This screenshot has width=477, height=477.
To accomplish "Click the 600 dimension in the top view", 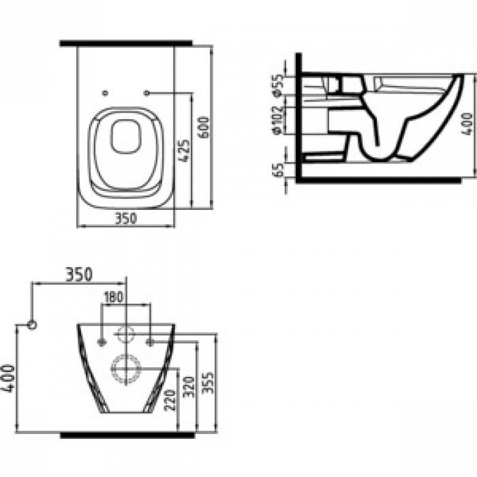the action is point(204,127).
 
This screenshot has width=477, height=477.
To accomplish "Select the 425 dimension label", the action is point(184,151).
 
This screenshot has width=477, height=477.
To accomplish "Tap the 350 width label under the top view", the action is point(125,219).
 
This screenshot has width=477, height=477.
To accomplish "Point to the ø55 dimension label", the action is point(278,85).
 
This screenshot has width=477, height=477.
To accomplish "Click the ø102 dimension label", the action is point(278,121).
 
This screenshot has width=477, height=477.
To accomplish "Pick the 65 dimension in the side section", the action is point(278,170).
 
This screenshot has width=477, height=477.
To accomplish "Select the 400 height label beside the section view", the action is point(467,124).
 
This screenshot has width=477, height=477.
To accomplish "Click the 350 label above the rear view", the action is point(79,275).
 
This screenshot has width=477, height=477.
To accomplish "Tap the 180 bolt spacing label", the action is point(114,297).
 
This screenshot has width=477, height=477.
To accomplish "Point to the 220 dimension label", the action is point(170,401).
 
